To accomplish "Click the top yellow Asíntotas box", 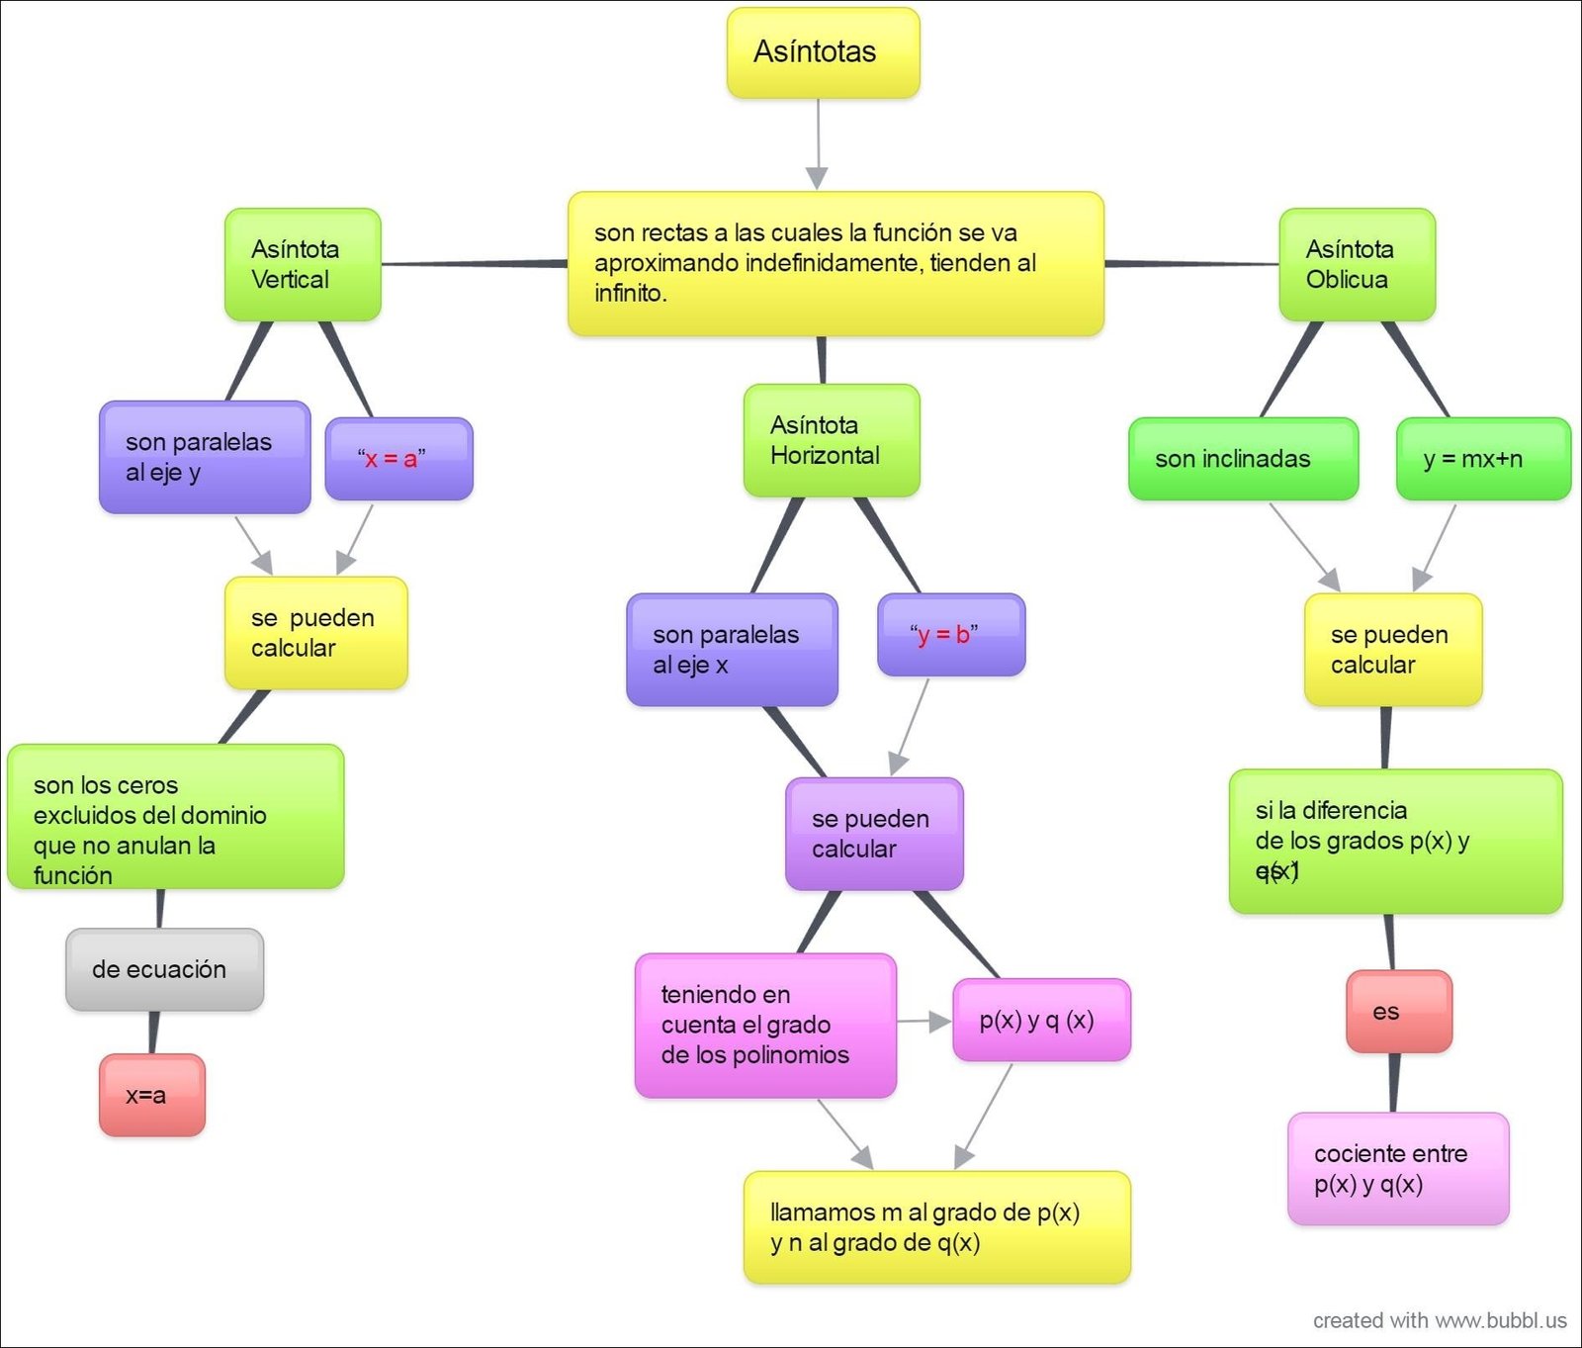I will tap(823, 52).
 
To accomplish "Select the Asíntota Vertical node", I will tap(303, 264).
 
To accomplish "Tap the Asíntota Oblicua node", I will tap(1357, 264).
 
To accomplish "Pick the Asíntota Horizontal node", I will tap(831, 440).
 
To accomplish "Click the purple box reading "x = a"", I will tap(398, 459).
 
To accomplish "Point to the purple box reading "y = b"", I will tap(950, 635).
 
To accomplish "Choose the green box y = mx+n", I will tap(1482, 459).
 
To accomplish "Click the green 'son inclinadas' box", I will tap(1243, 459).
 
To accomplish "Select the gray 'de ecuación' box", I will tap(164, 969).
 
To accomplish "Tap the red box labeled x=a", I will tap(151, 1095).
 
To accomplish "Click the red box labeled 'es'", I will tap(1398, 1011).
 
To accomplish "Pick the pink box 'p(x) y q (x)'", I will tap(1040, 1020).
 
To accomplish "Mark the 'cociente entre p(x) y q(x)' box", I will tap(1397, 1168).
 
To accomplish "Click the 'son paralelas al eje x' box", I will tap(732, 650).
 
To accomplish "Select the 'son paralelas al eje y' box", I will tap(205, 457).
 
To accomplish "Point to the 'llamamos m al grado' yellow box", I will tap(935, 1227).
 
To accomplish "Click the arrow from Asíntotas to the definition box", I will tap(818, 144).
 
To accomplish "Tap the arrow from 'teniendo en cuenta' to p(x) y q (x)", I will tap(924, 1022).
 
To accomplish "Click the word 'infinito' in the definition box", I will tap(629, 294).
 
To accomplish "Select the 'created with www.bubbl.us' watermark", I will tap(1439, 1320).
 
